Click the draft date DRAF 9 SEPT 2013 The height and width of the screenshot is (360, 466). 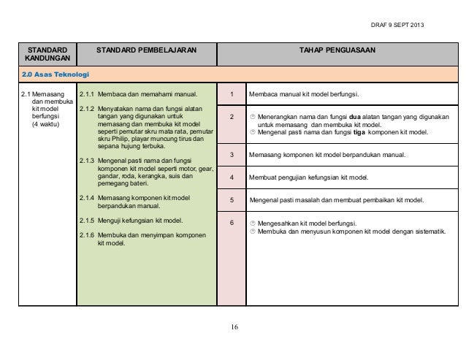point(397,27)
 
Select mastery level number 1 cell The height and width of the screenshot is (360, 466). point(231,95)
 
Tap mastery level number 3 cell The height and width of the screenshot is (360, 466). point(231,155)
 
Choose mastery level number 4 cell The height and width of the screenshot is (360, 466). point(231,177)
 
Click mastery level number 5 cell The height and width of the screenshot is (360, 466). point(231,199)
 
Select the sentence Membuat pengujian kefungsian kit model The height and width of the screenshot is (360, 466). point(309,177)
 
